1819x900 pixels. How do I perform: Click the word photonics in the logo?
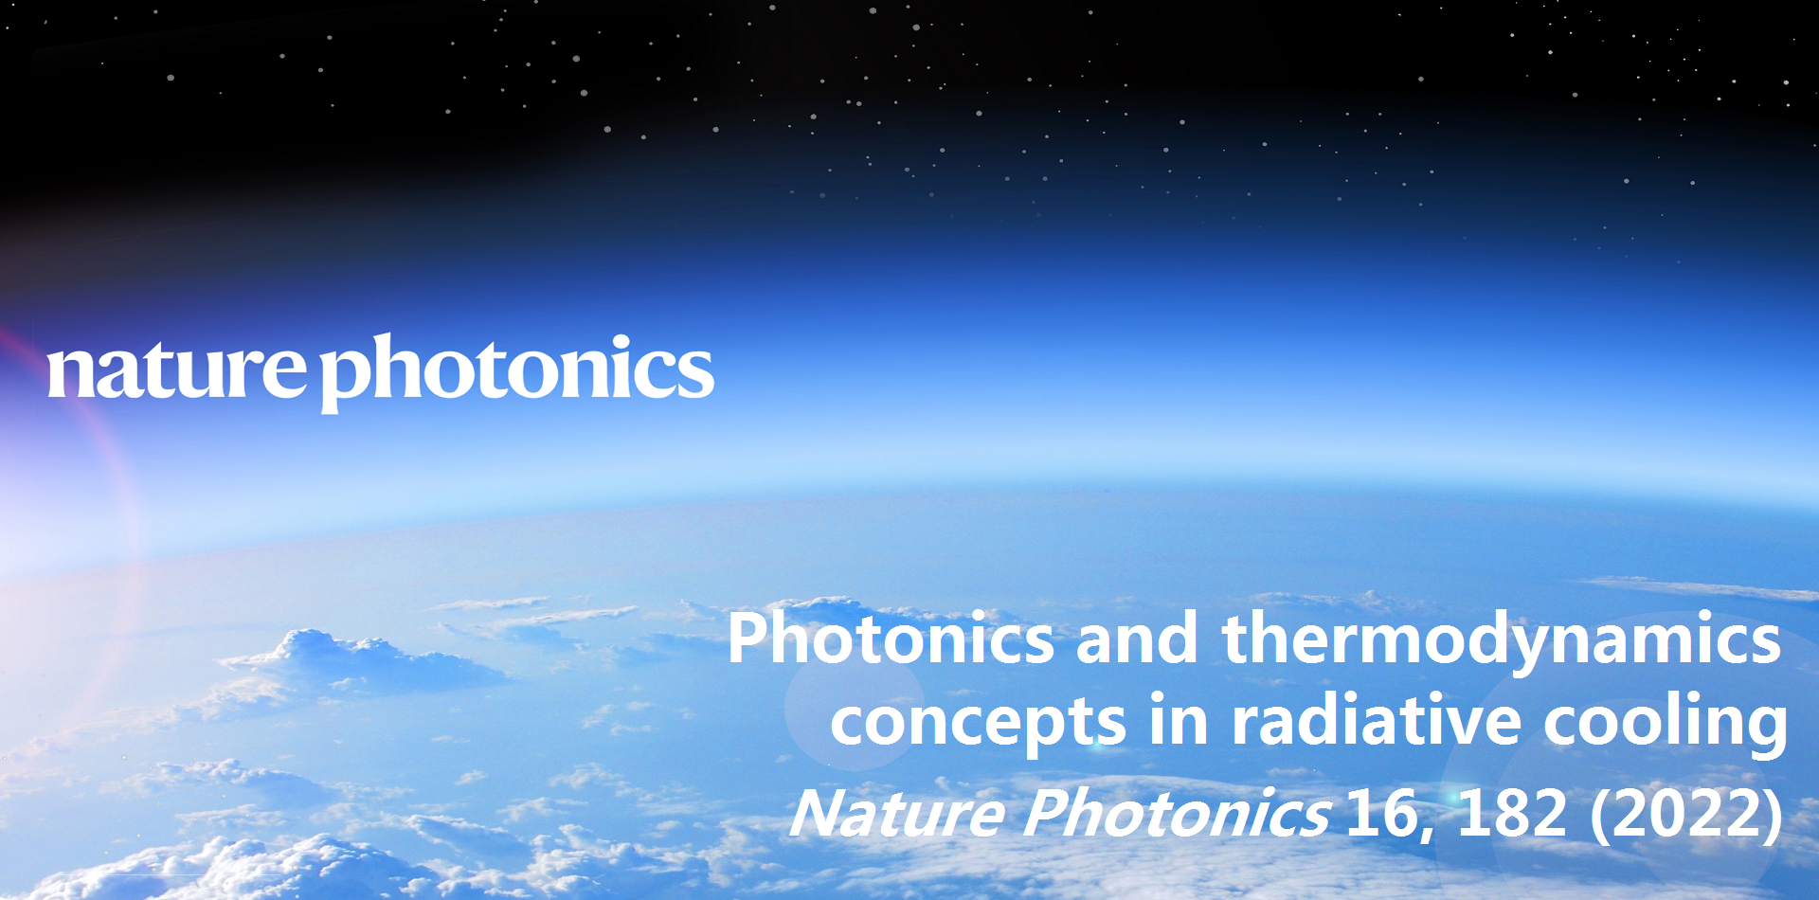pos(517,373)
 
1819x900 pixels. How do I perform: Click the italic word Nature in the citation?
pos(896,813)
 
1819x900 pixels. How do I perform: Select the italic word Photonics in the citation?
pos(1177,813)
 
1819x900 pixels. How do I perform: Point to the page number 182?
pos(1512,813)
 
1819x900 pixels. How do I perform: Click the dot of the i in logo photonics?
pos(616,343)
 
